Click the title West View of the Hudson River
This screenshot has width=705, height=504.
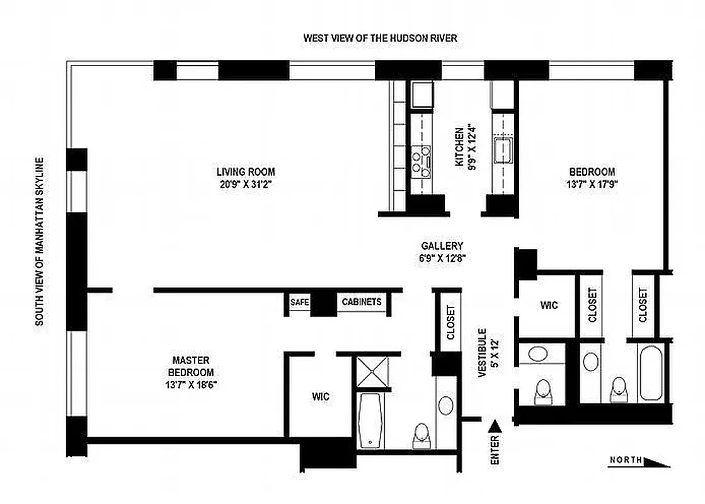tap(380, 38)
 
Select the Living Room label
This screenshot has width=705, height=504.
tap(246, 171)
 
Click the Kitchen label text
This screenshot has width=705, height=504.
tap(460, 146)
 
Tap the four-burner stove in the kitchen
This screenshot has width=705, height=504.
tap(420, 160)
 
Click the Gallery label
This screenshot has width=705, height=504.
tap(442, 246)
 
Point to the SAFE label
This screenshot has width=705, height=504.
tap(299, 302)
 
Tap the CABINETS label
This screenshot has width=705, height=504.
tap(362, 302)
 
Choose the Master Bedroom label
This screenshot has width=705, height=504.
tap(190, 366)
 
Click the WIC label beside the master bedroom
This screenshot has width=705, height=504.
tap(320, 397)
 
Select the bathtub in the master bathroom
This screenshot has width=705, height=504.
tap(369, 418)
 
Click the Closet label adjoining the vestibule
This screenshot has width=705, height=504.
tap(450, 323)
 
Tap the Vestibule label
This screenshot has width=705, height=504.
tap(482, 353)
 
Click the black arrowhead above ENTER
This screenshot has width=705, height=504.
tap(495, 427)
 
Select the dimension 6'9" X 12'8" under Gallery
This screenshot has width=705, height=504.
tap(442, 258)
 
